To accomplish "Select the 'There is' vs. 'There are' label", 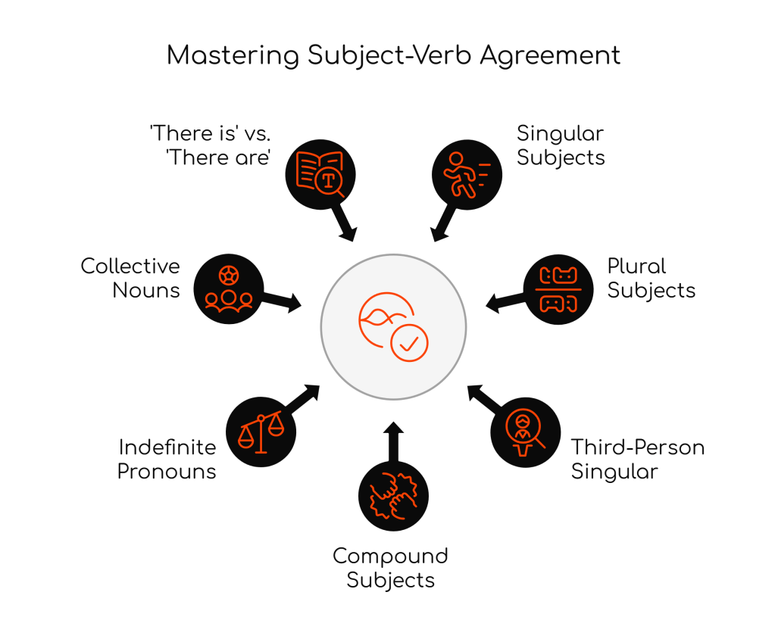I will [211, 146].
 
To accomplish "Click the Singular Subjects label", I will [561, 146].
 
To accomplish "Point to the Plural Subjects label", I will [651, 278].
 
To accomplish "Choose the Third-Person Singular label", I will [637, 459].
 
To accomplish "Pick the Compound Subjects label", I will [390, 568].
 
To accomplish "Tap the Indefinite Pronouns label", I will [167, 459].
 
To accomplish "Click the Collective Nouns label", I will [130, 278].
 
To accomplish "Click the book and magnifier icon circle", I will [320, 172].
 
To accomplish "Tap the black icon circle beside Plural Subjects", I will [558, 289].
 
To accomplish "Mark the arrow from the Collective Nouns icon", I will [283, 302].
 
